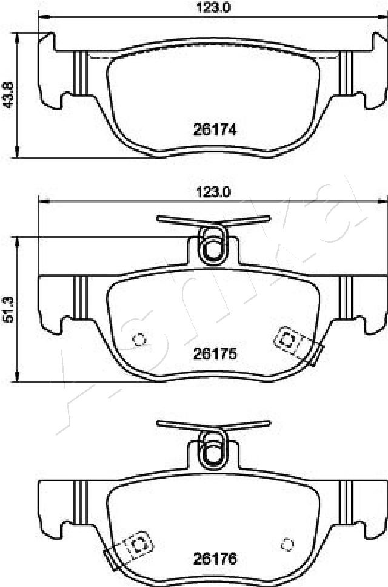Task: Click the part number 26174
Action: pos(215,130)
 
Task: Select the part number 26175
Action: pos(215,353)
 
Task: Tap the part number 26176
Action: pos(215,559)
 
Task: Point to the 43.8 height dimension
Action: pos(8,95)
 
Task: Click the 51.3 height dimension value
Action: pos(8,309)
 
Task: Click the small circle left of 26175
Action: pos(140,339)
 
